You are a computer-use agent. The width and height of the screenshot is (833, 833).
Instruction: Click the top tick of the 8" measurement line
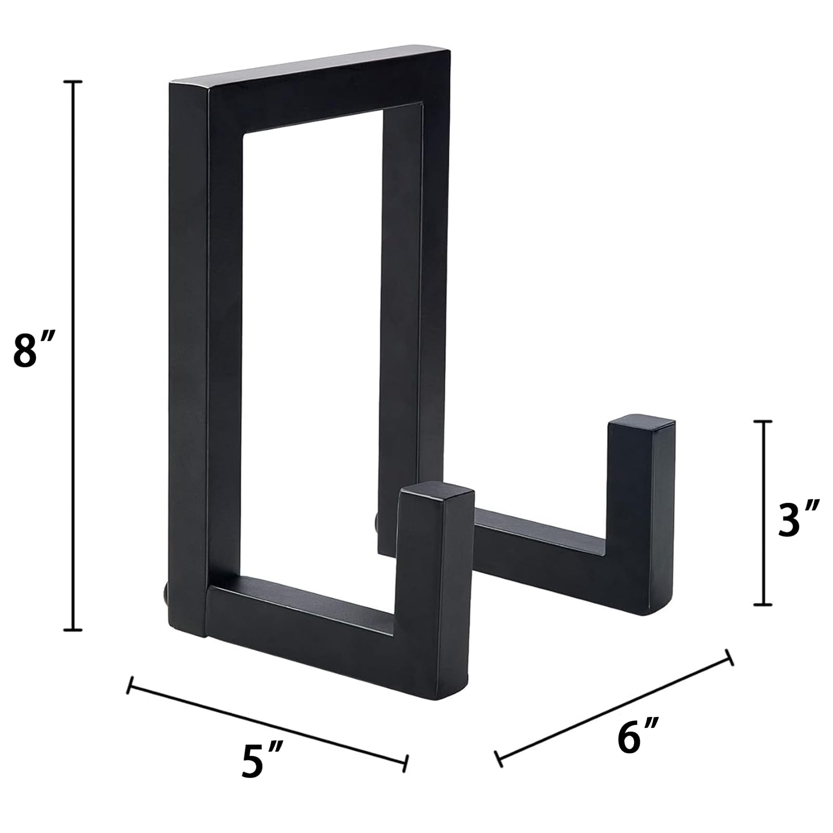[73, 82]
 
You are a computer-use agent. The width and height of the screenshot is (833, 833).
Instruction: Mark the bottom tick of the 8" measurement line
[73, 630]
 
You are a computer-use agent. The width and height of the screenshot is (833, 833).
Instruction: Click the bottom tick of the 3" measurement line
[763, 604]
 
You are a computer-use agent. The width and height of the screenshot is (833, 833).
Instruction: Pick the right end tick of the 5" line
[406, 763]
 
